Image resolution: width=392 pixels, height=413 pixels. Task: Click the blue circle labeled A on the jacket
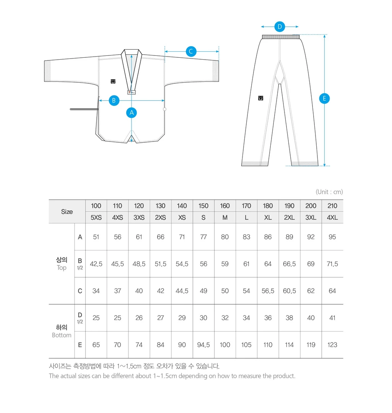132,112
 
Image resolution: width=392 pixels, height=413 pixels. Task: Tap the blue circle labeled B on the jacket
114,101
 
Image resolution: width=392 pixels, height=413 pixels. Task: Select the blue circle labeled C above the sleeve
191,51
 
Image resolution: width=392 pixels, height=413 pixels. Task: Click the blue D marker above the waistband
280,27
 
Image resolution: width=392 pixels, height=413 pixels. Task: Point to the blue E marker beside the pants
324,99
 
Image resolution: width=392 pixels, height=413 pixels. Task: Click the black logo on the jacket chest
113,81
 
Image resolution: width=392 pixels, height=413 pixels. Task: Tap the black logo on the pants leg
261,98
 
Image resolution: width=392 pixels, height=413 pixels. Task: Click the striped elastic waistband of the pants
280,37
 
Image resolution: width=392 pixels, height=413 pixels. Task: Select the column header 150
203,206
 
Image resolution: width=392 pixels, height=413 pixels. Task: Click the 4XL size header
332,217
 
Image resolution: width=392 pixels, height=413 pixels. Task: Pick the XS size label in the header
182,217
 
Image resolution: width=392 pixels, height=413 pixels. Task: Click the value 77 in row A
203,237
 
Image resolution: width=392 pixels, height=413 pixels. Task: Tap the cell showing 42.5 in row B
96,264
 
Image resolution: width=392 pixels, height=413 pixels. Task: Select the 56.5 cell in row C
268,291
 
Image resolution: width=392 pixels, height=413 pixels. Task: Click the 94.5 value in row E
203,345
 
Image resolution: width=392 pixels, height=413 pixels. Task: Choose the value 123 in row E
332,345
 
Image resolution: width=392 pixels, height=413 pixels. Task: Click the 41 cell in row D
332,318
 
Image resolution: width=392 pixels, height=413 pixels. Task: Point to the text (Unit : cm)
329,192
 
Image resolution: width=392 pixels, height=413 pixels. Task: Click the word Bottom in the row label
62,335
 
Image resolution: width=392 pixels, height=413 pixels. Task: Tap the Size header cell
67,211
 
